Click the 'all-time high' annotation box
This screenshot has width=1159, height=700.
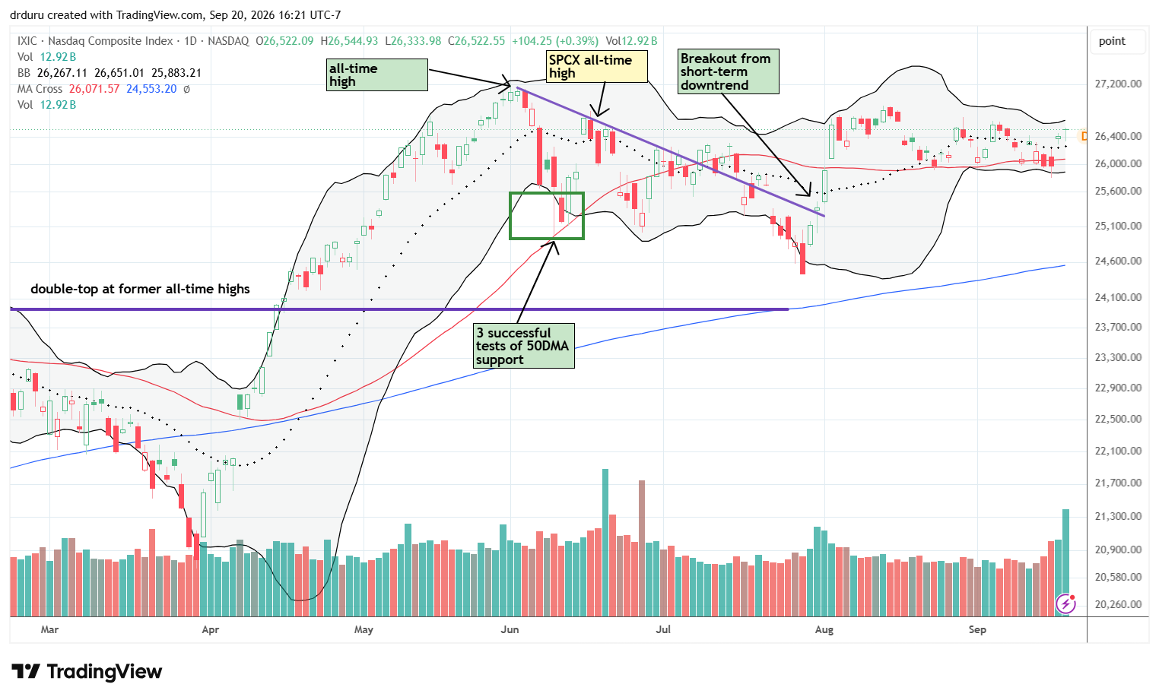pos(376,75)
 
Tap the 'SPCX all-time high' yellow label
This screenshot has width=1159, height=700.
pos(596,66)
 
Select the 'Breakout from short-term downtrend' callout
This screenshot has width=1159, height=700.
pos(728,71)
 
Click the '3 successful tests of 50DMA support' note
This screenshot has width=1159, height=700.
pos(524,346)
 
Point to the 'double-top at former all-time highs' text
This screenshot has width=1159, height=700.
pos(140,289)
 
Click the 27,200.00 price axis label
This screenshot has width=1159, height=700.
pos(1118,84)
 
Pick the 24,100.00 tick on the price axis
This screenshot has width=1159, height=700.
pos(1118,297)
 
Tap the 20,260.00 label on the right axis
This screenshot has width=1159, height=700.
pos(1118,604)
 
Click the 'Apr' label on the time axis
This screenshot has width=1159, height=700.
pos(210,629)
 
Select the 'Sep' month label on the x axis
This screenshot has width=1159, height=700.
pos(977,629)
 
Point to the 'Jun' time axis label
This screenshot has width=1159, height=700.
pos(510,629)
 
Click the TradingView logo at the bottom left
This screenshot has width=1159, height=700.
pos(87,672)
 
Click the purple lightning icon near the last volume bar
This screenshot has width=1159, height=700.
pos(1066,603)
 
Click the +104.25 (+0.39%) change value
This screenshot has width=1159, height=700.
pos(555,41)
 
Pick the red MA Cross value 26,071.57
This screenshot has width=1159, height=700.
pos(94,89)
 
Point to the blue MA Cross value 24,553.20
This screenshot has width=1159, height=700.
pos(151,89)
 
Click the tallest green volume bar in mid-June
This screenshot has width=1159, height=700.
pos(605,543)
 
